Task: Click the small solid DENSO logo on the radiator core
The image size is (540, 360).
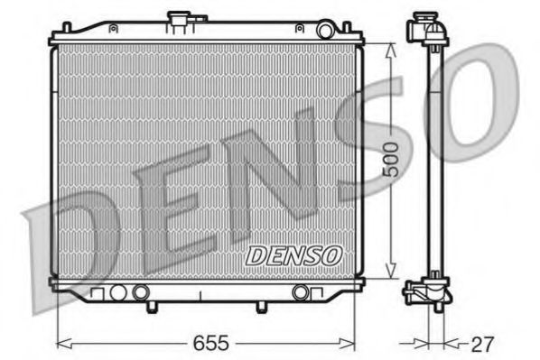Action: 293,255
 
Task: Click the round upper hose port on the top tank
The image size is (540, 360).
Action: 326,31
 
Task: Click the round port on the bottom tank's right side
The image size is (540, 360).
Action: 301,291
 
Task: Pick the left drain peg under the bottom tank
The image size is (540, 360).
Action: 149,307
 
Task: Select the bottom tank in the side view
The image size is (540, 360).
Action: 427,293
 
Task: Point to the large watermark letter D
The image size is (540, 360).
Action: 68,244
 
